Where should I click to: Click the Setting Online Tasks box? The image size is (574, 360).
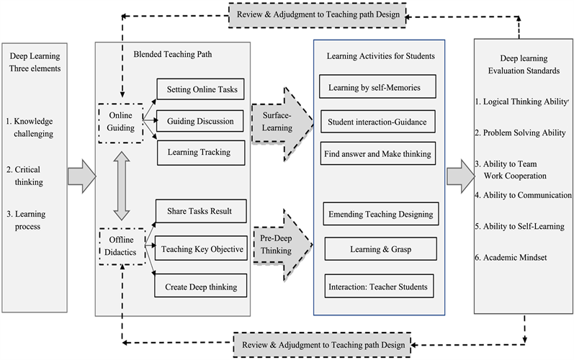(202, 90)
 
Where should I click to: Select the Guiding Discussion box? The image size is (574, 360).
(202, 121)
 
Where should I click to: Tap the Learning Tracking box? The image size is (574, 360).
(202, 152)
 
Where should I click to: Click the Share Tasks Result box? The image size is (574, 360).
(202, 210)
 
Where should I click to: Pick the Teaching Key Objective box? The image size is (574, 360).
(202, 248)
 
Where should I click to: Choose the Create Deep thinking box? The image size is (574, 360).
(202, 287)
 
